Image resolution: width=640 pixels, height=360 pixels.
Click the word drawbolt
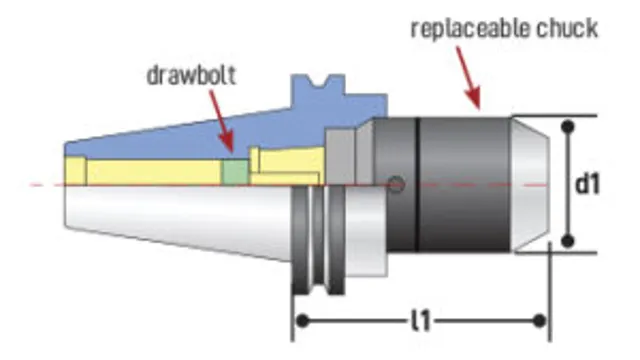(189, 76)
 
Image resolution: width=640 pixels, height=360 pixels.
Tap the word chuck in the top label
(567, 27)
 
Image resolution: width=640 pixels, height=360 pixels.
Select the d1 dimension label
(587, 185)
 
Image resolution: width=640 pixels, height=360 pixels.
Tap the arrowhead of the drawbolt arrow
(229, 150)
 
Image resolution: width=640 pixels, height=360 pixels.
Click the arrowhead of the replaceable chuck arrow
(478, 104)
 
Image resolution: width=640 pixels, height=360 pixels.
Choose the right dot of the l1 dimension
(540, 320)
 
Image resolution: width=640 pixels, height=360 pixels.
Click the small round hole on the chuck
(397, 184)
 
